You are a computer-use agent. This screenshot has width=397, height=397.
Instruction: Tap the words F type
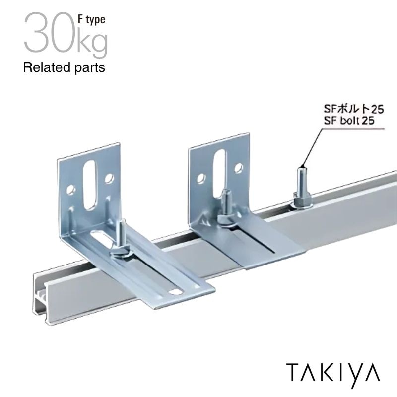[91, 20]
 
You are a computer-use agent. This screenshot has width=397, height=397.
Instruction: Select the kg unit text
[92, 43]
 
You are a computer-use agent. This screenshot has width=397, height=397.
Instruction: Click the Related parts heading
[64, 68]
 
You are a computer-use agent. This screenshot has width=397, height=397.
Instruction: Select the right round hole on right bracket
[239, 167]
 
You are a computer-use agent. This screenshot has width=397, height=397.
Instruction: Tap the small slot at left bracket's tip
[175, 292]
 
